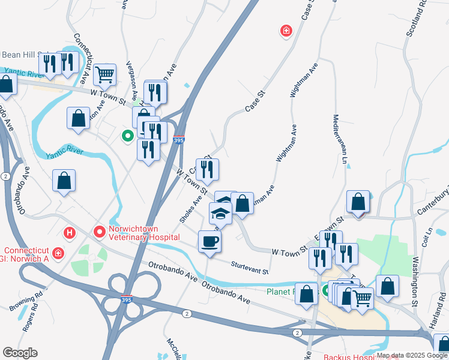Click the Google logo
[20, 353]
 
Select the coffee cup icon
[209, 242]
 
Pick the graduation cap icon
[220, 214]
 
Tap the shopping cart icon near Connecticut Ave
[104, 74]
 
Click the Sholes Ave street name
[190, 205]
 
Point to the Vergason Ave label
[131, 81]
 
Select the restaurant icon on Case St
[207, 169]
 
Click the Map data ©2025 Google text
[412, 355]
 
